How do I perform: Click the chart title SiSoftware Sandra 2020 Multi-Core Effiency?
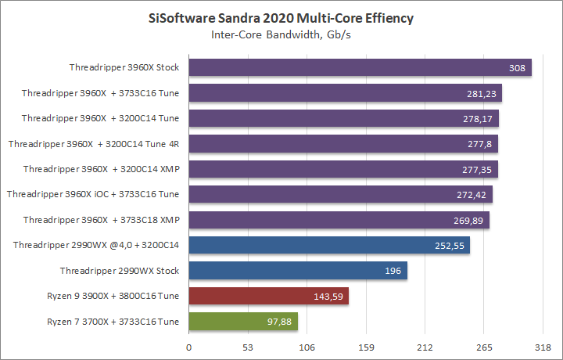pyautogui.click(x=281, y=17)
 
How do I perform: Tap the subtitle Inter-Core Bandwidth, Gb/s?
pyautogui.click(x=281, y=34)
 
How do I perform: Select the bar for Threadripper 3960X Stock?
pyautogui.click(x=360, y=67)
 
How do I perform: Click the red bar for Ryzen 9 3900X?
pyautogui.click(x=268, y=296)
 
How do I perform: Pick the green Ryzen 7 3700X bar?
pyautogui.click(x=243, y=322)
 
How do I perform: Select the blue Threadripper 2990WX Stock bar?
pyautogui.click(x=298, y=271)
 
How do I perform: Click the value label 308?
pyautogui.click(x=516, y=68)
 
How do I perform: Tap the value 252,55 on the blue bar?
pyautogui.click(x=449, y=246)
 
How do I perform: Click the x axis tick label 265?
pyautogui.click(x=484, y=347)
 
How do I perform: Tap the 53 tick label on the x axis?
pyautogui.click(x=248, y=347)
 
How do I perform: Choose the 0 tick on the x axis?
pyautogui.click(x=188, y=347)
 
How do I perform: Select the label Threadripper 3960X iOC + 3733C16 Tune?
pyautogui.click(x=93, y=194)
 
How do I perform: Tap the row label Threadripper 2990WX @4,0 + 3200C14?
pyautogui.click(x=96, y=245)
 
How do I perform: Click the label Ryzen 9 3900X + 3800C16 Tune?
pyautogui.click(x=113, y=296)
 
